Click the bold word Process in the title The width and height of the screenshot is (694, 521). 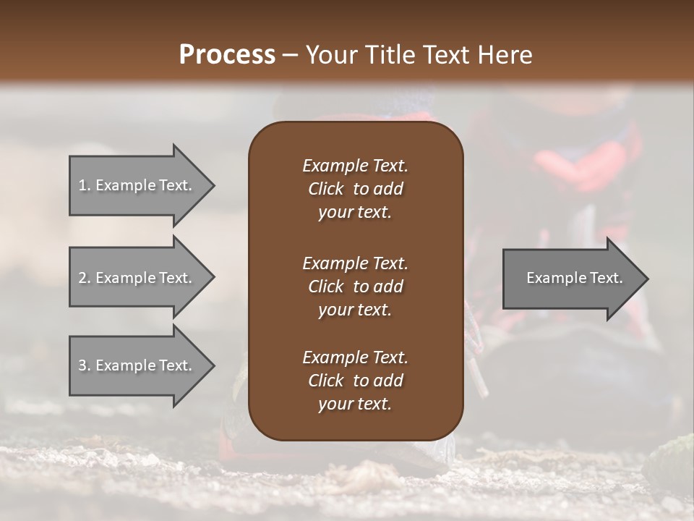click(x=227, y=54)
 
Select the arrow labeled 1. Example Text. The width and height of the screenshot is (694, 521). click(x=137, y=185)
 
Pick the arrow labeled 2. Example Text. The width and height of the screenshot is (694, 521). click(x=137, y=278)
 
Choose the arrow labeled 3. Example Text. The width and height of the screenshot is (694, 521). click(x=137, y=365)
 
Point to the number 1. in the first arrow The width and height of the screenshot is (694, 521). click(x=85, y=185)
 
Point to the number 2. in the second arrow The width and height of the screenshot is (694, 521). click(x=85, y=278)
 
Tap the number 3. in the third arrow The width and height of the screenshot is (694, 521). click(x=85, y=365)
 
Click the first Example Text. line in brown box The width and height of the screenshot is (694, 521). click(x=355, y=166)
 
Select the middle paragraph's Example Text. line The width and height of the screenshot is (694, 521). click(x=355, y=263)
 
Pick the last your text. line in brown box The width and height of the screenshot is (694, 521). click(x=355, y=404)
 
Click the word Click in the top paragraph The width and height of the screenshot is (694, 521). click(x=325, y=189)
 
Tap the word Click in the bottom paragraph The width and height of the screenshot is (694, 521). click(x=325, y=381)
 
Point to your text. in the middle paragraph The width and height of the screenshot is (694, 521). click(x=355, y=310)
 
